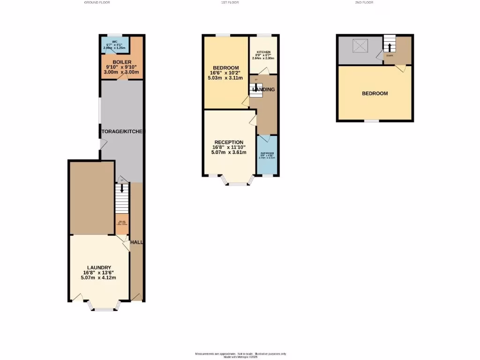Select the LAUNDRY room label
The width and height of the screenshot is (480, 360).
click(99, 267)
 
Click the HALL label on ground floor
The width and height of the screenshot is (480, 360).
click(137, 242)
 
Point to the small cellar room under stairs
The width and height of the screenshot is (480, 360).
click(122, 224)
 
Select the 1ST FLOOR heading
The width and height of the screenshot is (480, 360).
click(230, 3)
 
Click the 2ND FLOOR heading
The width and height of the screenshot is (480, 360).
click(364, 3)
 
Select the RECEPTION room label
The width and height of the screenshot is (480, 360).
click(229, 142)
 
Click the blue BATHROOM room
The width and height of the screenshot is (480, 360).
click(268, 155)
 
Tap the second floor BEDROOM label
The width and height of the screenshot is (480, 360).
click(375, 93)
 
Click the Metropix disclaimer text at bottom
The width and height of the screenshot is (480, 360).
click(240, 355)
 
